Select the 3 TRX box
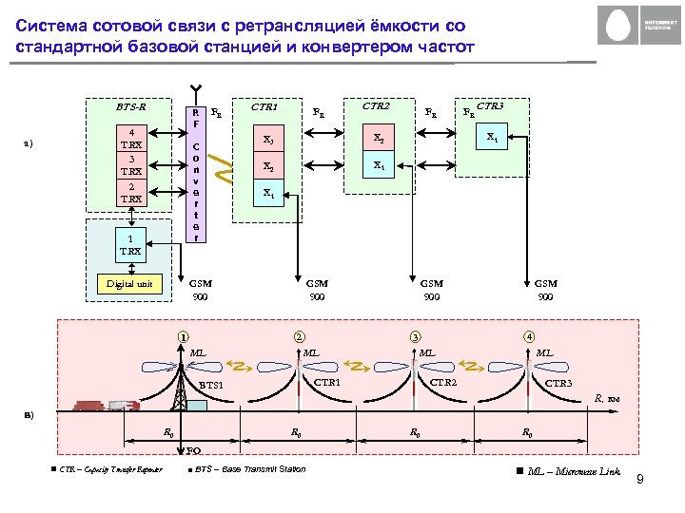pos(131,165)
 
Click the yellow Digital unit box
pos(131,283)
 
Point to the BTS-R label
pos(130,106)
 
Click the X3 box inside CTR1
pos(269,141)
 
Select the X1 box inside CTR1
pos(269,194)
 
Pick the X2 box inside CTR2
pos(379,139)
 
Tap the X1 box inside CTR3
pos(492,137)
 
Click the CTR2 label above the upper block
pos(377,106)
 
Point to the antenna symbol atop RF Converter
pos(195,88)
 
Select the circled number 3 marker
pos(414,336)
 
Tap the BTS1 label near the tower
pos(211,385)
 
